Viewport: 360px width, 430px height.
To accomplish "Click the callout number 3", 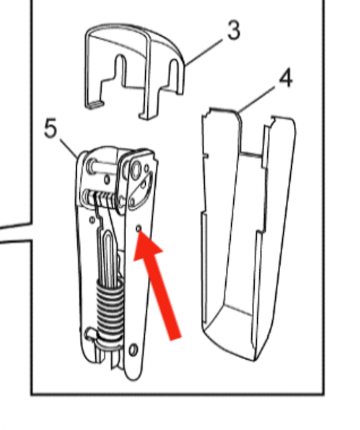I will coord(233,31).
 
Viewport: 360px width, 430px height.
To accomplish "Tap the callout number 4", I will coord(285,79).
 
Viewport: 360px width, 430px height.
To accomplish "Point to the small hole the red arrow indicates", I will coord(139,229).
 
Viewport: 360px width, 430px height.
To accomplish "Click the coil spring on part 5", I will coord(109,307).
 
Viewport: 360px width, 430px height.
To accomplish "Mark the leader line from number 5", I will coord(69,147).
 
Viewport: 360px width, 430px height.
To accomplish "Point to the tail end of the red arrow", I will coord(175,333).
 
